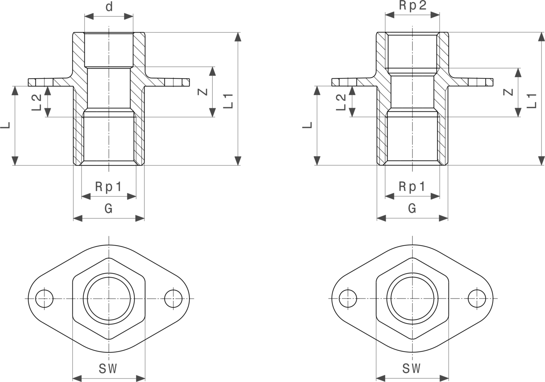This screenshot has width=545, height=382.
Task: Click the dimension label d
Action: pyautogui.click(x=109, y=6)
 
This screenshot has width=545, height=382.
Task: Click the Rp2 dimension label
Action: pyautogui.click(x=413, y=5)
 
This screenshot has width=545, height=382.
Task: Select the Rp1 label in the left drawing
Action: pyautogui.click(x=108, y=187)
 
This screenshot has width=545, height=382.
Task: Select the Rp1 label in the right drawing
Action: pyautogui.click(x=412, y=187)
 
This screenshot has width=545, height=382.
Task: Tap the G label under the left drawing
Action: pyautogui.click(x=109, y=209)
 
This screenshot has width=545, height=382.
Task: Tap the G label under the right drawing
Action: pyautogui.click(x=412, y=209)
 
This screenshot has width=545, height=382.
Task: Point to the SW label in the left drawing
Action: pyautogui.click(x=108, y=368)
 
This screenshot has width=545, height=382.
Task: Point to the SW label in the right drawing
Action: pyautogui.click(x=411, y=368)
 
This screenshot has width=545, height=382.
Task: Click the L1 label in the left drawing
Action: pyautogui.click(x=228, y=101)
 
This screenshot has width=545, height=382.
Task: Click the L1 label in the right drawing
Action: pyautogui.click(x=532, y=101)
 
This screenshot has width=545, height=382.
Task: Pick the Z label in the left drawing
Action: pyautogui.click(x=202, y=92)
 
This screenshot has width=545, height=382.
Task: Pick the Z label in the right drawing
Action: pyautogui.click(x=508, y=92)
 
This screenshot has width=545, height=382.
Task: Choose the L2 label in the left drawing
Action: pyautogui.click(x=36, y=102)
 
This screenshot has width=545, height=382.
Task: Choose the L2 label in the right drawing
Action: pyautogui.click(x=341, y=102)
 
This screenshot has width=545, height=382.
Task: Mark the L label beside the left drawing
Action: pyautogui.click(x=5, y=125)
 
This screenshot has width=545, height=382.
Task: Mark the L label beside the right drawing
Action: pyautogui.click(x=307, y=125)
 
